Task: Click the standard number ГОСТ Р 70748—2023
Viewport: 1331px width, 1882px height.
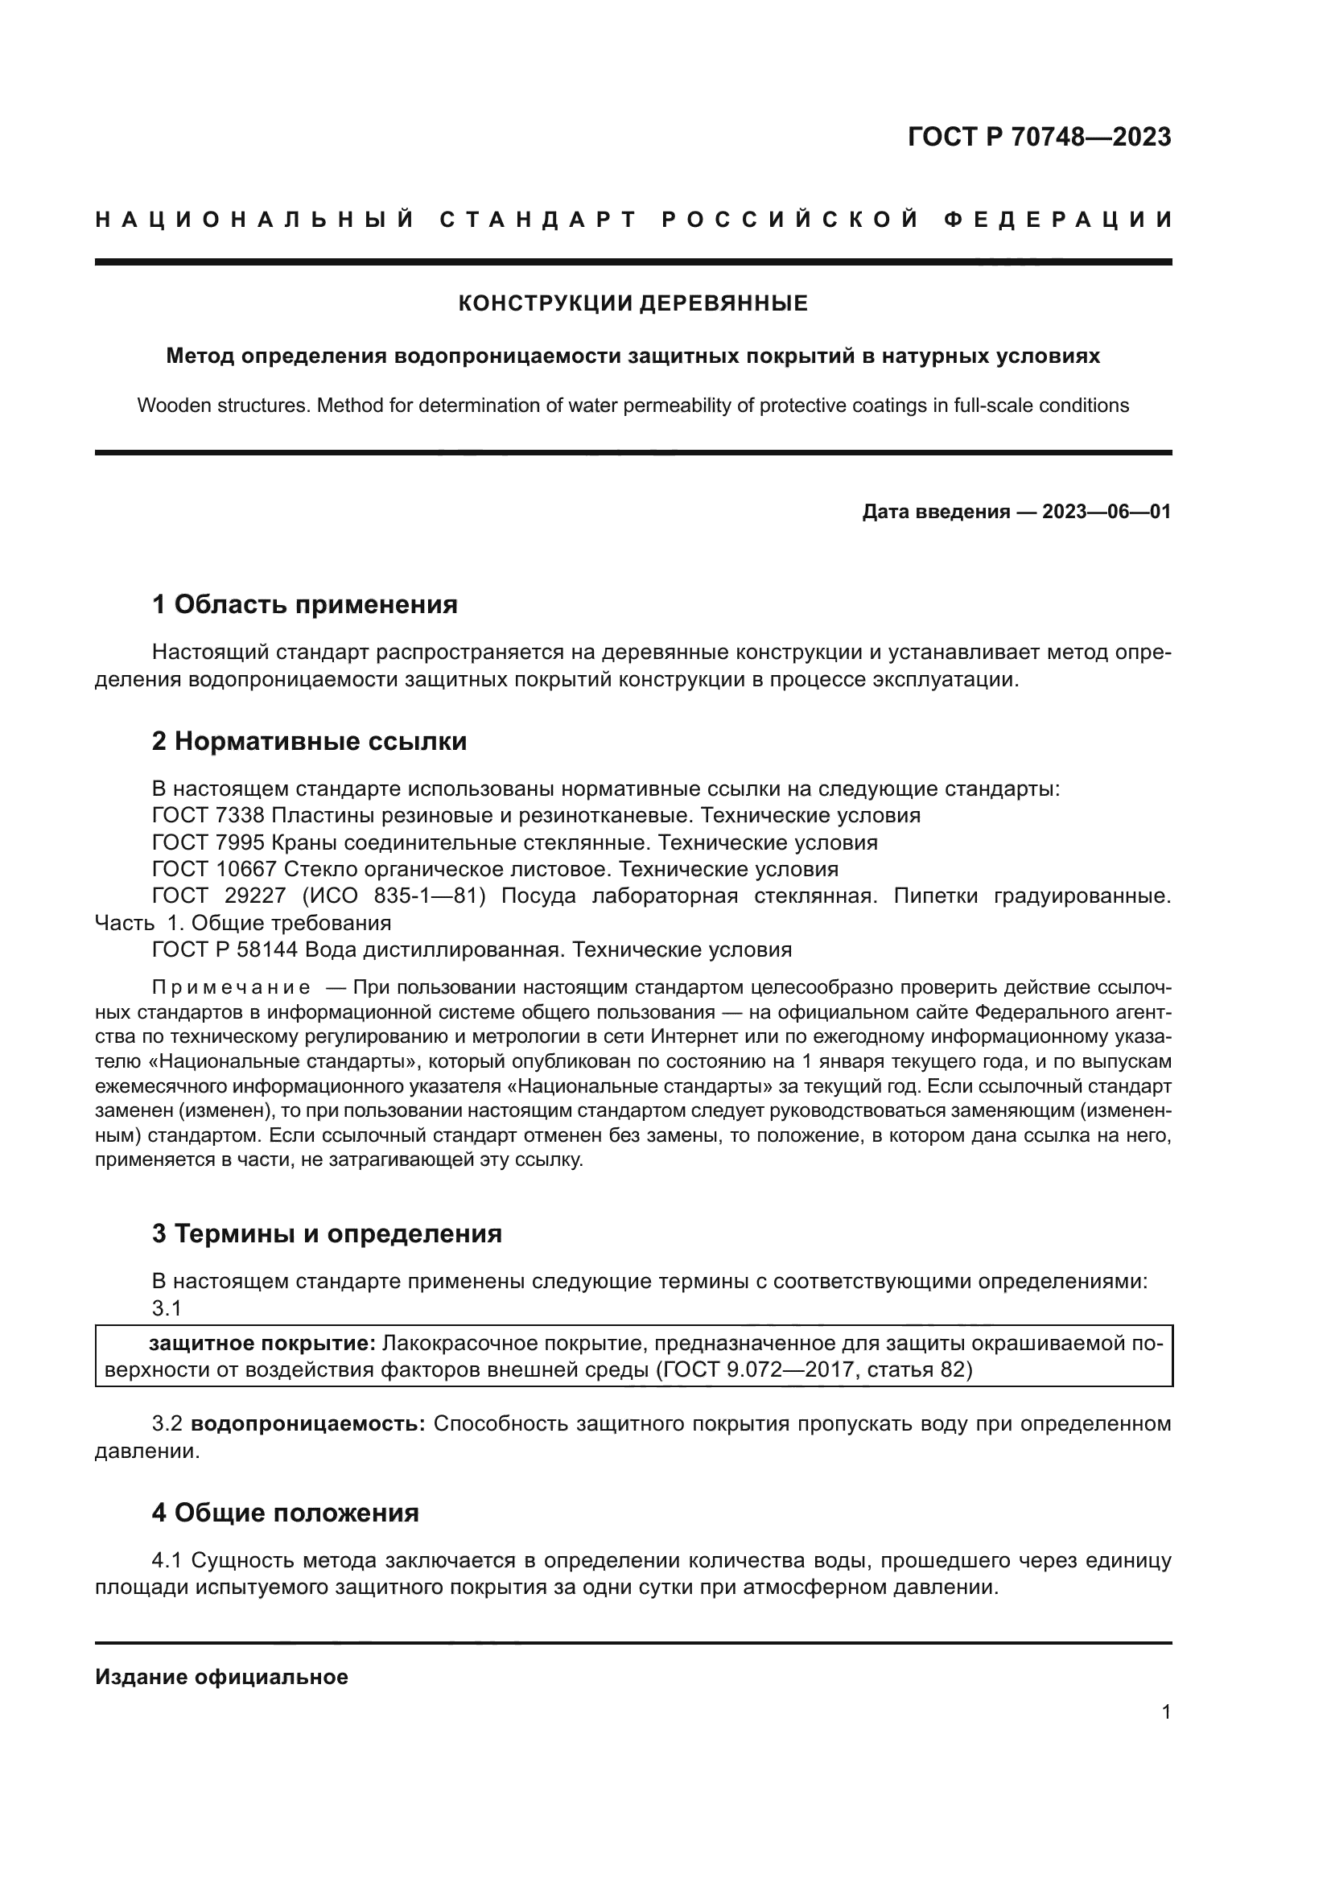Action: [x=1038, y=137]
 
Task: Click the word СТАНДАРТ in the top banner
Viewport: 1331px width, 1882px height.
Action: [x=538, y=220]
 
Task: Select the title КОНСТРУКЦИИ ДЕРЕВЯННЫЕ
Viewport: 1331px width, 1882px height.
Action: [x=633, y=303]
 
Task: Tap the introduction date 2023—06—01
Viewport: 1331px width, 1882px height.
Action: [x=1106, y=513]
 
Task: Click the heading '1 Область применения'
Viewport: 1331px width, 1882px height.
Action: [x=304, y=605]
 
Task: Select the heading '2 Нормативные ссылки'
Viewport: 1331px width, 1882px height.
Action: [x=309, y=741]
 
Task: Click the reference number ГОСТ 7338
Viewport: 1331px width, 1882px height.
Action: [x=208, y=816]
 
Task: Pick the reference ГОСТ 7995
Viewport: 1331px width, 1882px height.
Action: [x=208, y=842]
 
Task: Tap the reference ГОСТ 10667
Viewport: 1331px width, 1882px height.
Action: [x=214, y=869]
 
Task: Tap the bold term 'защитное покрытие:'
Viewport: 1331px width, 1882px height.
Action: [x=262, y=1343]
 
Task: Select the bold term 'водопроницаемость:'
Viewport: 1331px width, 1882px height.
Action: [x=307, y=1423]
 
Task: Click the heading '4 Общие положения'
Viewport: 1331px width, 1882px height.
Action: [x=284, y=1513]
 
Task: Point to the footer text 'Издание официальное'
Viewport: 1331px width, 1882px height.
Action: [x=221, y=1677]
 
